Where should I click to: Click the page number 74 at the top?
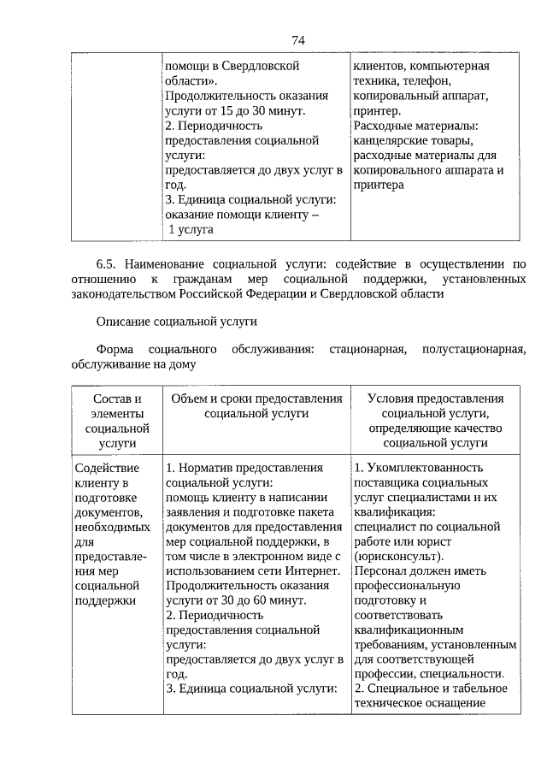298,40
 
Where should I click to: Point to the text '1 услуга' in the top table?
191,229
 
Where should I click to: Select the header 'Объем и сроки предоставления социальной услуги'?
256,406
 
